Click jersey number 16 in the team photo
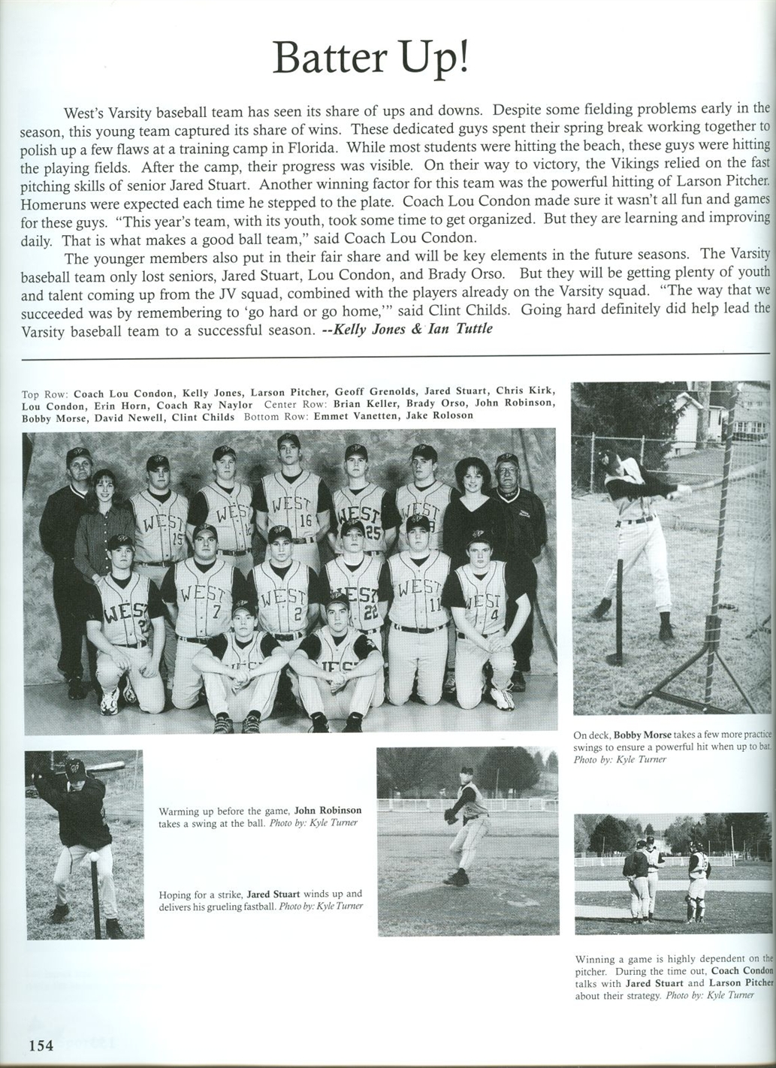tap(304, 519)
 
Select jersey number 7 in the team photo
tap(216, 611)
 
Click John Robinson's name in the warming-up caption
tap(328, 810)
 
